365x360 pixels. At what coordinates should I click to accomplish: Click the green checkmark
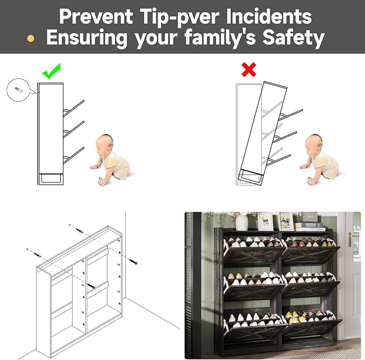(51, 71)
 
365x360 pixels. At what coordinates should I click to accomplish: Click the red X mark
(249, 69)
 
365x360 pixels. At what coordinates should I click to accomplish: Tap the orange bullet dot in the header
(31, 38)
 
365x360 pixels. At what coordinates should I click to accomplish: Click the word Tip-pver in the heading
(180, 17)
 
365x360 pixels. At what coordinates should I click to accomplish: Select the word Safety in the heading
(294, 37)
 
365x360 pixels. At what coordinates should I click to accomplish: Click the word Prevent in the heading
(96, 16)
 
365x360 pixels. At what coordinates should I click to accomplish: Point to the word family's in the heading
(220, 37)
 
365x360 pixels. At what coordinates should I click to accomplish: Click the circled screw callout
(18, 90)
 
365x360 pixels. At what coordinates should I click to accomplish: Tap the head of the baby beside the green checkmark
(104, 142)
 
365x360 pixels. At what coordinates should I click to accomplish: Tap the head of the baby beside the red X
(313, 142)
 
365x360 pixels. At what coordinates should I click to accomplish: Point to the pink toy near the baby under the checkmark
(94, 167)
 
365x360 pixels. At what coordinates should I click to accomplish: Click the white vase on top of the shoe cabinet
(241, 222)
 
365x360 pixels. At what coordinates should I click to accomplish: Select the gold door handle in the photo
(350, 240)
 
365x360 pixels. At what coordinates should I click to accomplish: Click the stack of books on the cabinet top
(310, 227)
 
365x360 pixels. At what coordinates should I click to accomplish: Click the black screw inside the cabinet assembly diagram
(91, 286)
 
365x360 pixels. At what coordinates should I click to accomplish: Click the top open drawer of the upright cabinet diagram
(74, 109)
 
